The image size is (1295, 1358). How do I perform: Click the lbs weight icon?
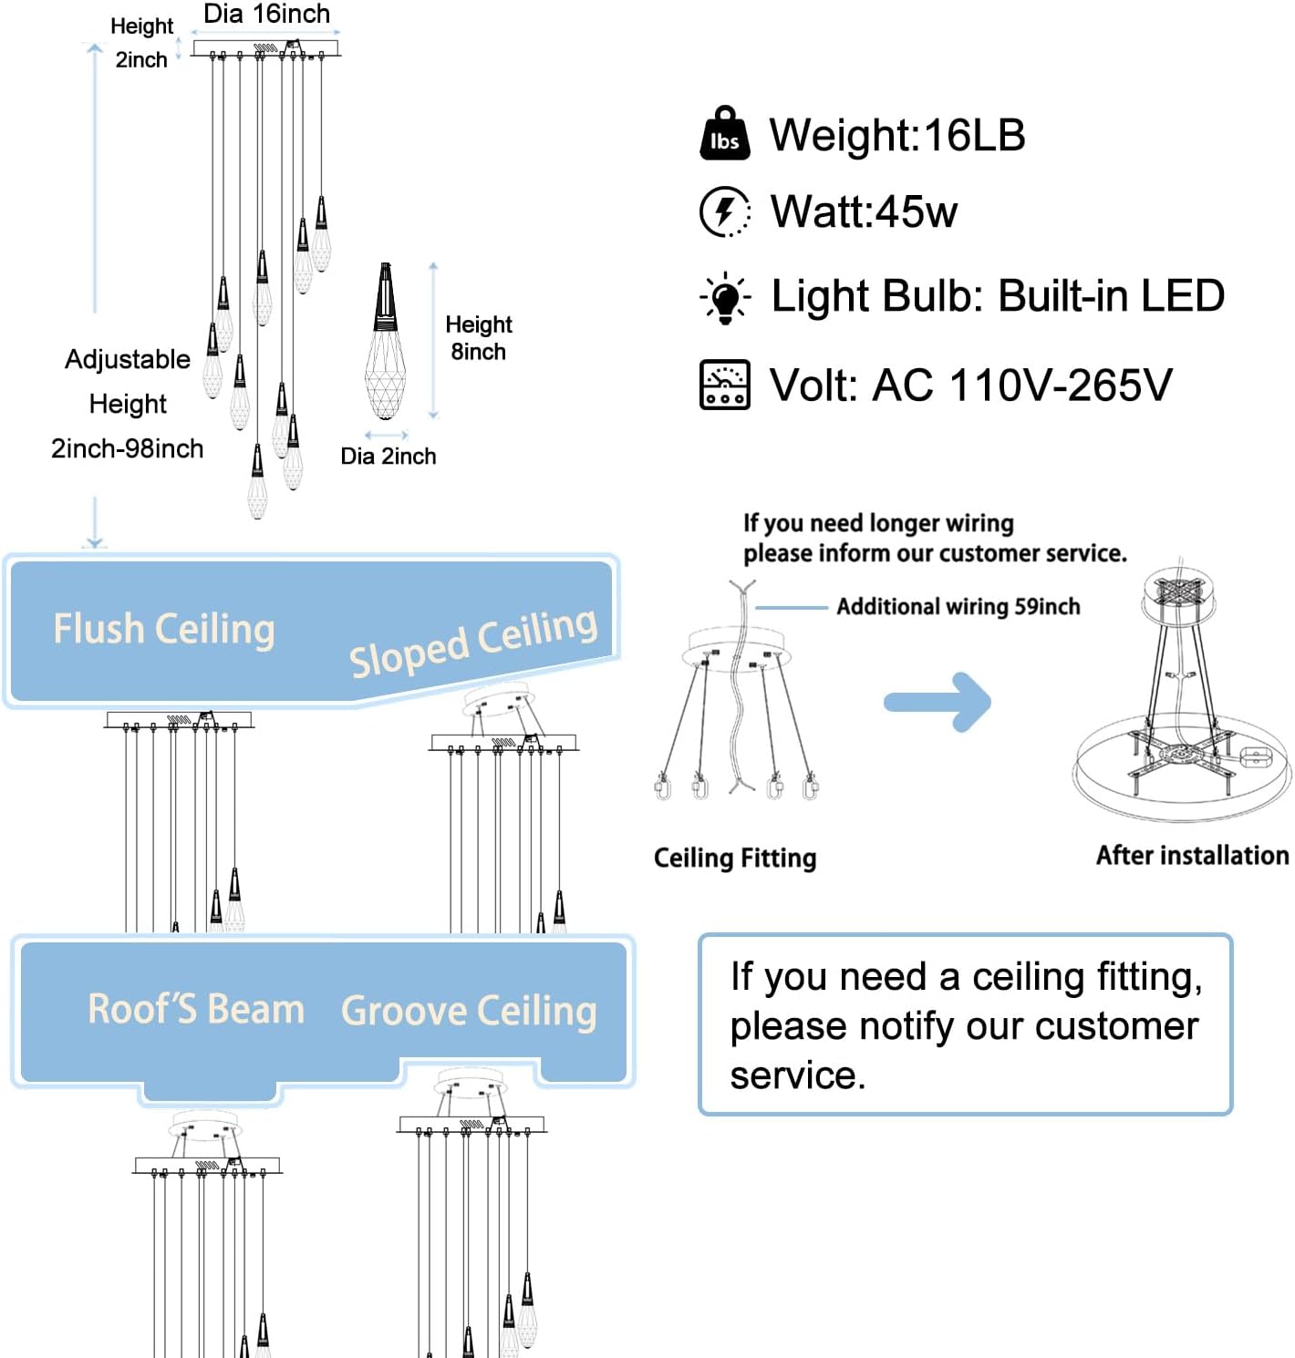coord(725,133)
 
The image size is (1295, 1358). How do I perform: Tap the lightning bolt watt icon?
coord(725,211)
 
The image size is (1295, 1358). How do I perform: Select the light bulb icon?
coord(725,298)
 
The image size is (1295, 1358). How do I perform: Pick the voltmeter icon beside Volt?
coord(725,384)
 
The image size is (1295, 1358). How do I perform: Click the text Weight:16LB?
coord(897,135)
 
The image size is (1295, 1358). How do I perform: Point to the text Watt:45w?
coord(865,211)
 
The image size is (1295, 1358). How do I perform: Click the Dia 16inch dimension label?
coord(267,14)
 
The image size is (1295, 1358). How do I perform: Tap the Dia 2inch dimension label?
coord(388,456)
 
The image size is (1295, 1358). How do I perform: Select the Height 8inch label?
coord(479,338)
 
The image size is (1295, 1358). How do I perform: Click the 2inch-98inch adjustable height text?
coord(127,448)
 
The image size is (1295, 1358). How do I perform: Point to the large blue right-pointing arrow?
coord(938,702)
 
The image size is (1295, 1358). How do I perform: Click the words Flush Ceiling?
coord(164,629)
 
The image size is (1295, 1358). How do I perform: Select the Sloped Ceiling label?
coord(473,643)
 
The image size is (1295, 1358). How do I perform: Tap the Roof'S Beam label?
coord(196,1009)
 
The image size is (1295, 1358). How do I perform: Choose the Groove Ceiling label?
coord(469,1012)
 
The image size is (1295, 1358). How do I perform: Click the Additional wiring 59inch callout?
coord(958,606)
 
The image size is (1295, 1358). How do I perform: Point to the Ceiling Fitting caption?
coord(735,858)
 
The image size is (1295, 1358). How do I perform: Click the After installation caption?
coord(1193,855)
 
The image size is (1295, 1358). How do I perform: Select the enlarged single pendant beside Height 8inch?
coord(385,341)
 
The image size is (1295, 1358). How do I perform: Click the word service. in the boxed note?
coord(798,1075)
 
